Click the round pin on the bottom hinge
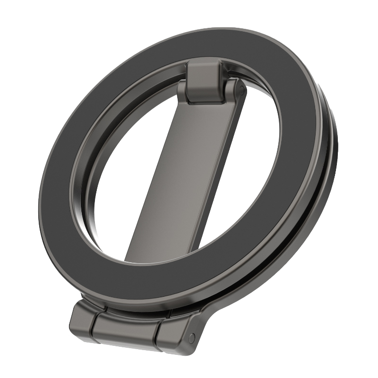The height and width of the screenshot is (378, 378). pyautogui.click(x=191, y=337)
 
